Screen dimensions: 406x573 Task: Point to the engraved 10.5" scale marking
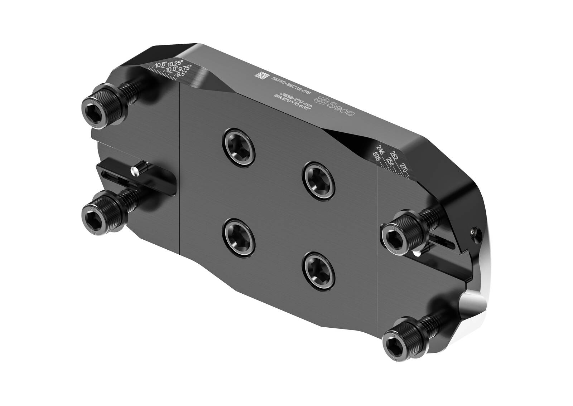162,64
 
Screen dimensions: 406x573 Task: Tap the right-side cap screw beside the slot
396,236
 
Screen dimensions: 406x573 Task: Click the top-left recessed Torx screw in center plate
239,147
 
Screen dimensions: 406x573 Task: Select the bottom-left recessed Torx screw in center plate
239,237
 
